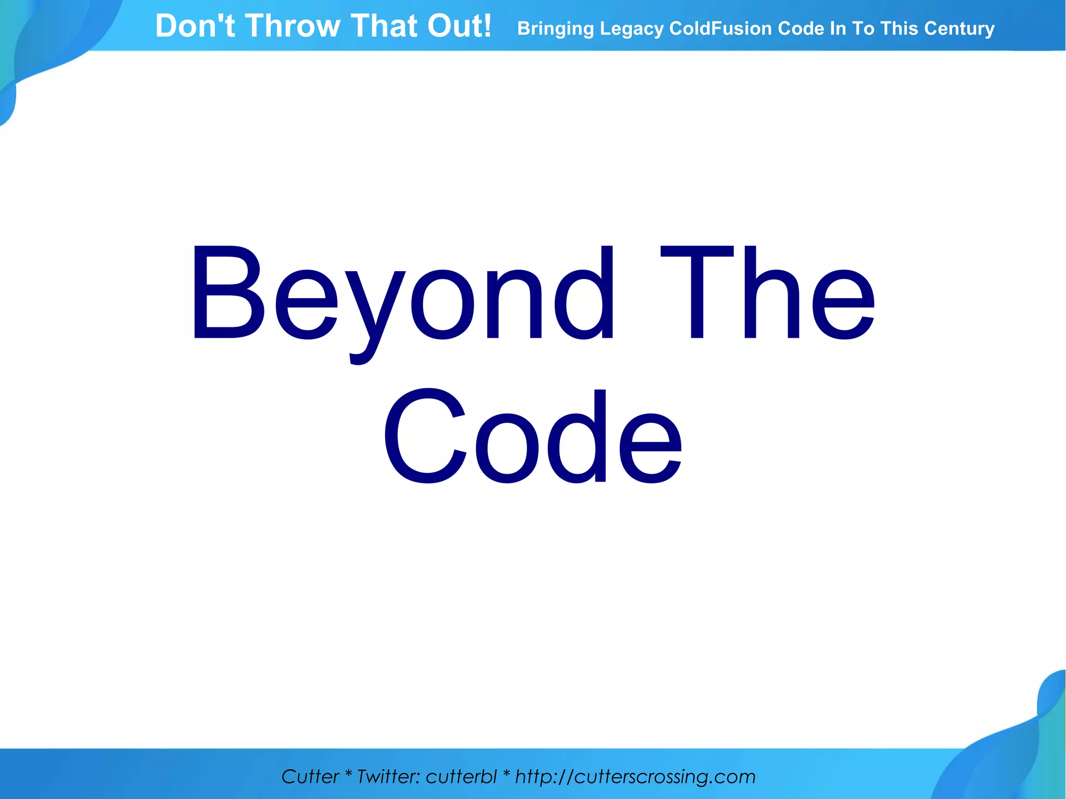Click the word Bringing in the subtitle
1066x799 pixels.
pos(555,29)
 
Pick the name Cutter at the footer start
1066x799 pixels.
pos(310,776)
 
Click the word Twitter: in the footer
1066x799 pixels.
pos(388,776)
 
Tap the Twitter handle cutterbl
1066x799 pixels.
pos(461,776)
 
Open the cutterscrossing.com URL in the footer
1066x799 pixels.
pos(635,776)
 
